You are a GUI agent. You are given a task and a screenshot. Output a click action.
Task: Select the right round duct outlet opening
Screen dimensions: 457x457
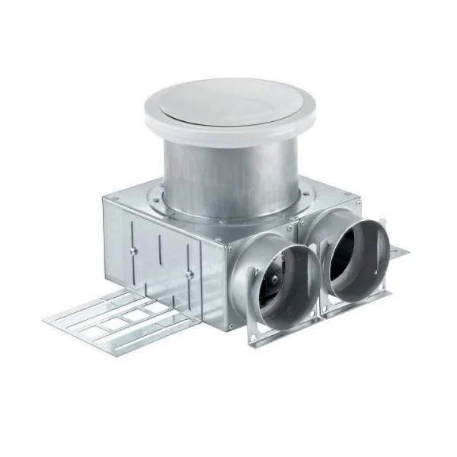tap(356, 255)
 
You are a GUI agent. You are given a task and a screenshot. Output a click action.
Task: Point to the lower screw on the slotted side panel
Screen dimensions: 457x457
tap(187, 274)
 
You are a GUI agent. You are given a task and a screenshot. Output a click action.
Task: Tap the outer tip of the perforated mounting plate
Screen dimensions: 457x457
tap(50, 320)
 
